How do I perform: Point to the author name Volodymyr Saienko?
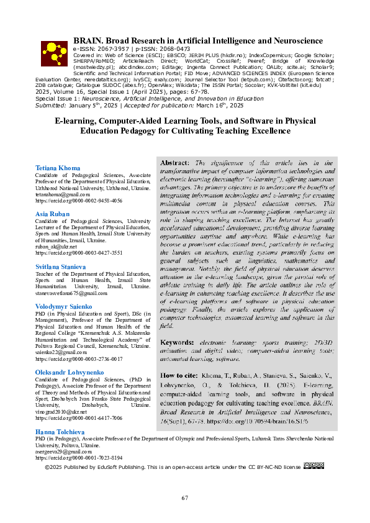tap(64, 307)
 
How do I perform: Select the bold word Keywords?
tap(177, 342)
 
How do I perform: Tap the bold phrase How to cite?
tap(179, 376)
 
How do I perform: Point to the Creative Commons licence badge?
tap(314, 466)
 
